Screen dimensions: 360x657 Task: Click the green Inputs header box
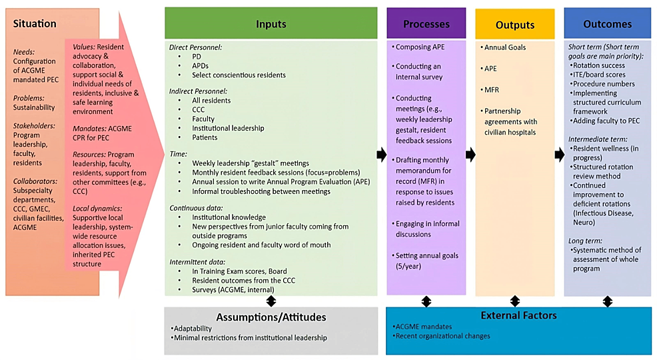[271, 24]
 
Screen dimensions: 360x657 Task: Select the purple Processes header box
[426, 24]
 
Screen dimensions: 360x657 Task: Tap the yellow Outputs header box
[514, 25]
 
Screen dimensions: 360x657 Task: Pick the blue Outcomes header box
[607, 24]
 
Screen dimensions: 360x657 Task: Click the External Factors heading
[518, 315]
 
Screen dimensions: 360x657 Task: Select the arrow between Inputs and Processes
[381, 155]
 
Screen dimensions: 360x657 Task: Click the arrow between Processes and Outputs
[470, 155]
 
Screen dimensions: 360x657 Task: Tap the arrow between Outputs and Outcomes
[559, 155]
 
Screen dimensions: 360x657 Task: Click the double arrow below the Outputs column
[514, 301]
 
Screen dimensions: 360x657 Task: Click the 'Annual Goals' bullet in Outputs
[504, 47]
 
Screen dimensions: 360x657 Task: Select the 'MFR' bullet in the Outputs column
[491, 89]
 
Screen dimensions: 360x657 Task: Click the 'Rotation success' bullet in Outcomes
[598, 65]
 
